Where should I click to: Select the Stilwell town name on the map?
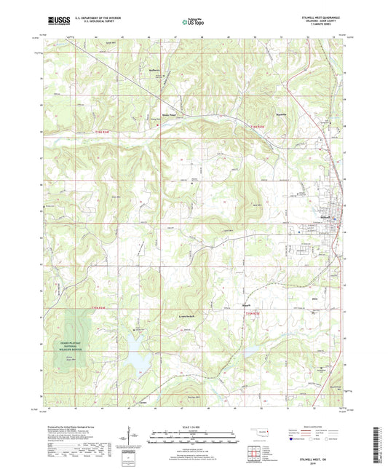coord(325,216)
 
